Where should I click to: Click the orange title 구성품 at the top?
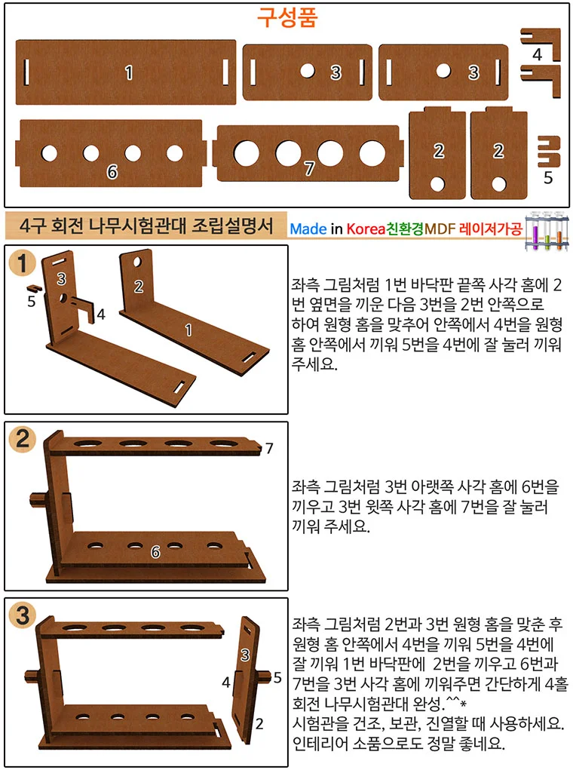(287, 17)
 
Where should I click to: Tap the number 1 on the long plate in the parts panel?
(129, 72)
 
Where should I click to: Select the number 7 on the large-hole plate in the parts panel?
(309, 168)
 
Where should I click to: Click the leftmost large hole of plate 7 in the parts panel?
(247, 153)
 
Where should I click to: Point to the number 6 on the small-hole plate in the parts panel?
(112, 172)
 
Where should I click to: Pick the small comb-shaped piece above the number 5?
(548, 152)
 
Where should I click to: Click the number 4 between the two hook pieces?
(537, 54)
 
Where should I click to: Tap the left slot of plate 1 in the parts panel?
(26, 72)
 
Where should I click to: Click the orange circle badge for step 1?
(22, 263)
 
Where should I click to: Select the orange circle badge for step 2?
(23, 438)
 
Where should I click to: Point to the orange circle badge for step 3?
(23, 615)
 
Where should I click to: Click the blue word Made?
(308, 229)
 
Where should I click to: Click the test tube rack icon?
(546, 231)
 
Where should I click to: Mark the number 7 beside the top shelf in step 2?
(269, 448)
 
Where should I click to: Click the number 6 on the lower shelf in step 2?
(155, 553)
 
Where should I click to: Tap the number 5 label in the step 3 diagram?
(277, 678)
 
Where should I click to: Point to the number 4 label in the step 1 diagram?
(101, 314)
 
